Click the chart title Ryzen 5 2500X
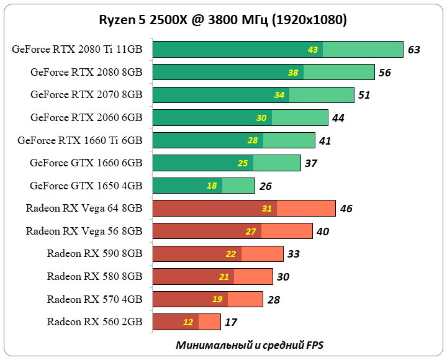[x=223, y=20]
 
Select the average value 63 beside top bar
[x=414, y=50]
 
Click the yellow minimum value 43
[x=312, y=50]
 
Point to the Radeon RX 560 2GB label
[x=94, y=322]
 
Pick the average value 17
[x=231, y=322]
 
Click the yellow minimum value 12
[x=188, y=322]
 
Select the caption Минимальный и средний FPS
[x=250, y=344]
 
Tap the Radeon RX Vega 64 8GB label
[x=84, y=208]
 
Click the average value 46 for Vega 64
[x=346, y=209]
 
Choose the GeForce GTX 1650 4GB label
[x=86, y=186]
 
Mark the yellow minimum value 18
[x=212, y=186]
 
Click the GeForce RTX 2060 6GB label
[x=86, y=117]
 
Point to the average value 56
[x=384, y=73]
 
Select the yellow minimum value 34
[x=279, y=95]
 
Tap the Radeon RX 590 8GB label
[x=94, y=253]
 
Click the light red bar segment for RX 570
[x=245, y=299]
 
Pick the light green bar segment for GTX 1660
[x=277, y=163]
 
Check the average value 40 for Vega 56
[x=322, y=232]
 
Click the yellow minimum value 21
[x=224, y=277]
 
